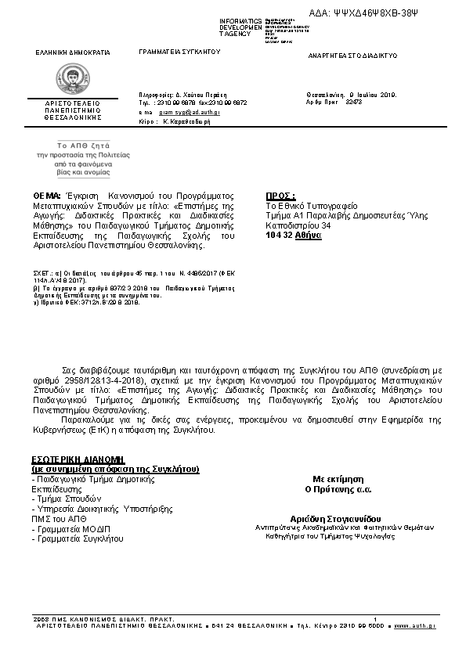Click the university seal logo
tap(73, 79)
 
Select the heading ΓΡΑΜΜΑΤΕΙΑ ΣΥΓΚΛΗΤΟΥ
tap(179, 52)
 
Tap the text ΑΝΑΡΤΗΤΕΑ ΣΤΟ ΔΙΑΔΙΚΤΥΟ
tap(353, 56)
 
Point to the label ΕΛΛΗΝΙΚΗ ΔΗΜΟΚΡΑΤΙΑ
tap(73, 52)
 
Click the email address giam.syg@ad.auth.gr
tap(190, 113)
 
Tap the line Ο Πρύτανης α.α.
tap(338, 489)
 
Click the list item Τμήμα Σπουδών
tap(67, 498)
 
